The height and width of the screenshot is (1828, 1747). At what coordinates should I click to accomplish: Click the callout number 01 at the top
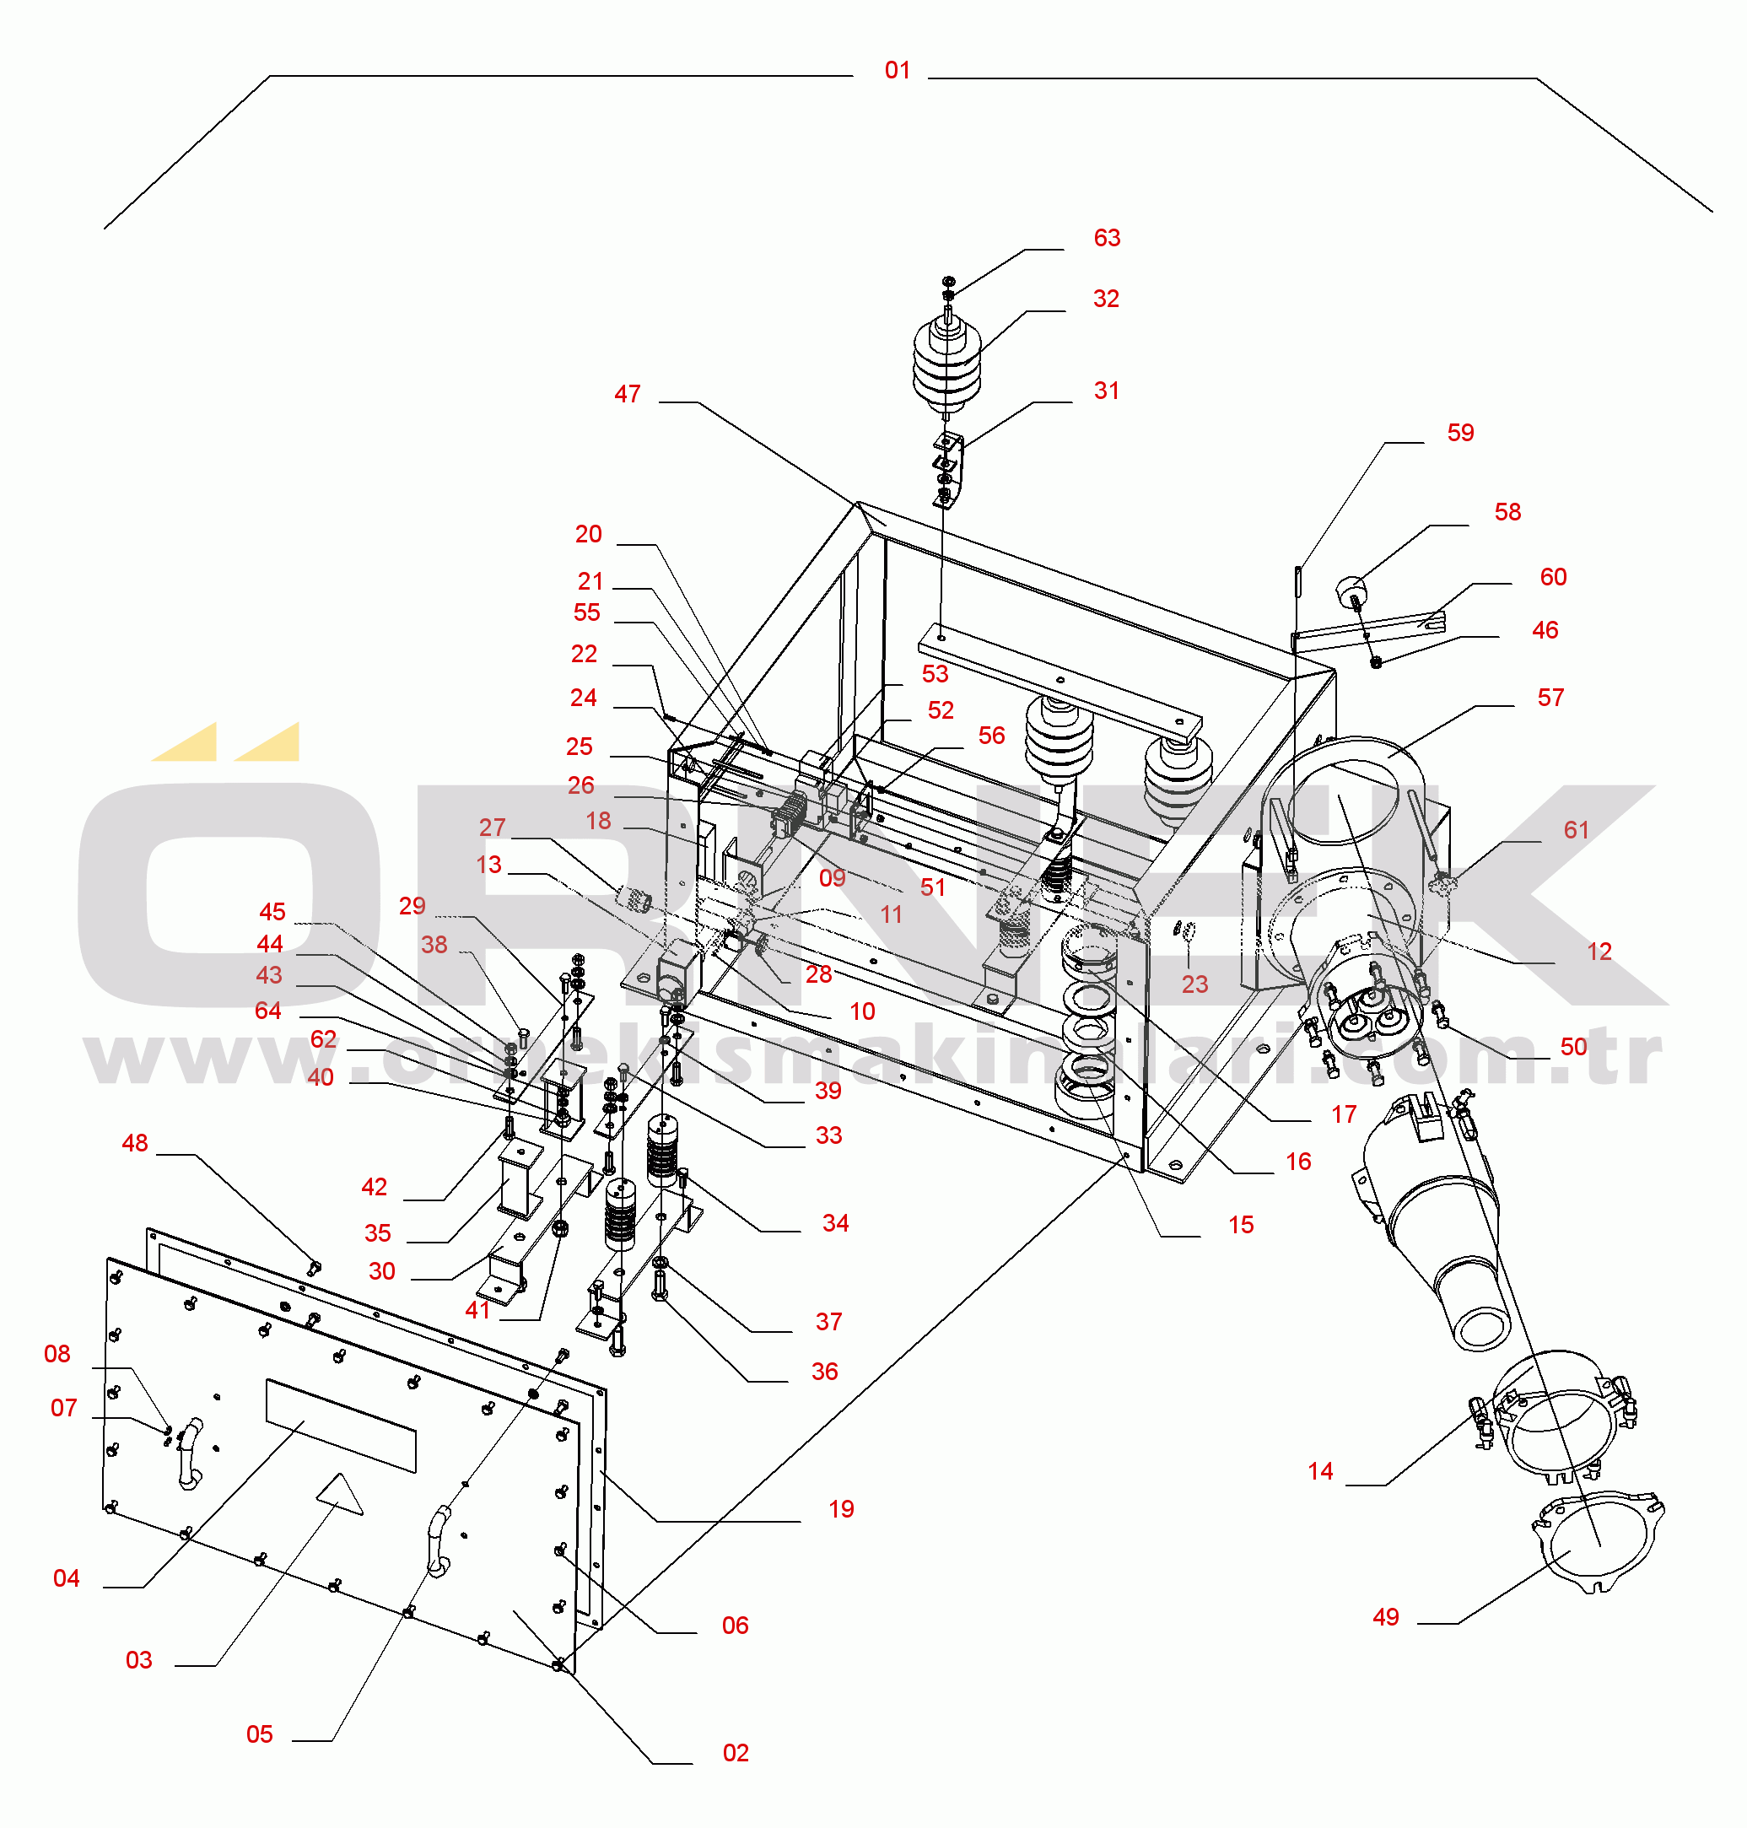tap(897, 71)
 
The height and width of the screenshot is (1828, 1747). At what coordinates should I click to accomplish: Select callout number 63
tap(1106, 239)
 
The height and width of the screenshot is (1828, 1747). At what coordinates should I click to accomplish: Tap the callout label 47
tap(627, 395)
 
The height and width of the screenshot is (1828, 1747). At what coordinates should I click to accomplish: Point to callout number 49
tap(1385, 1618)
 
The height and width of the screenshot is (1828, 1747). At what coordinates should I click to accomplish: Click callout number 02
tap(735, 1754)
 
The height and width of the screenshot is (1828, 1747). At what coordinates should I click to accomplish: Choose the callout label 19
tap(841, 1509)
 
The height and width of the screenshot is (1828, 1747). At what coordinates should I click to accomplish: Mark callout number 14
tap(1319, 1471)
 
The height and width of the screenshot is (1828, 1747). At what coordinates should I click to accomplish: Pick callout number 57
tap(1550, 698)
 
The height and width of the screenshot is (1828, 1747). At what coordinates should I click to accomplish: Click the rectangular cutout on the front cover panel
tap(341, 1426)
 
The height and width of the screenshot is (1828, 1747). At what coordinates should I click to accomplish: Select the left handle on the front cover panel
tap(189, 1454)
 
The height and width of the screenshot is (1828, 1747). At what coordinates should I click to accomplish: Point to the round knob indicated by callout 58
tap(1351, 590)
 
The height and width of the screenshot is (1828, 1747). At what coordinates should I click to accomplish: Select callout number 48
tap(135, 1144)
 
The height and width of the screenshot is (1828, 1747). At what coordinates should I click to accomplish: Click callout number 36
tap(824, 1372)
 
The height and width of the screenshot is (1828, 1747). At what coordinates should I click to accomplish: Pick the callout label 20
tap(589, 535)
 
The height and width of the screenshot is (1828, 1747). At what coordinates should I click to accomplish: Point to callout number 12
tap(1599, 952)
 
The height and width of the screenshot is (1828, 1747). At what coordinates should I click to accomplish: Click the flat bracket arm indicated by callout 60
tap(1369, 630)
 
